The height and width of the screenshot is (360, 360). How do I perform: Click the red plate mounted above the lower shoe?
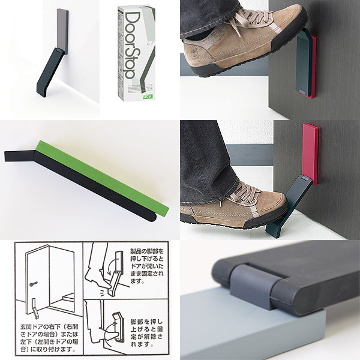(x=310, y=152)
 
